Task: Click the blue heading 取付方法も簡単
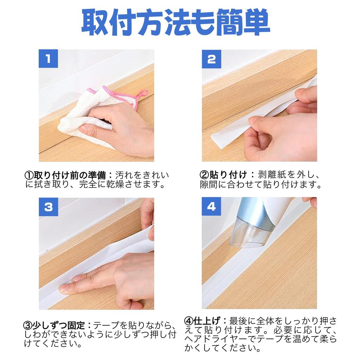click(x=176, y=23)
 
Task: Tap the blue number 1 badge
click(x=48, y=59)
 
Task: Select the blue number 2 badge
click(x=211, y=59)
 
